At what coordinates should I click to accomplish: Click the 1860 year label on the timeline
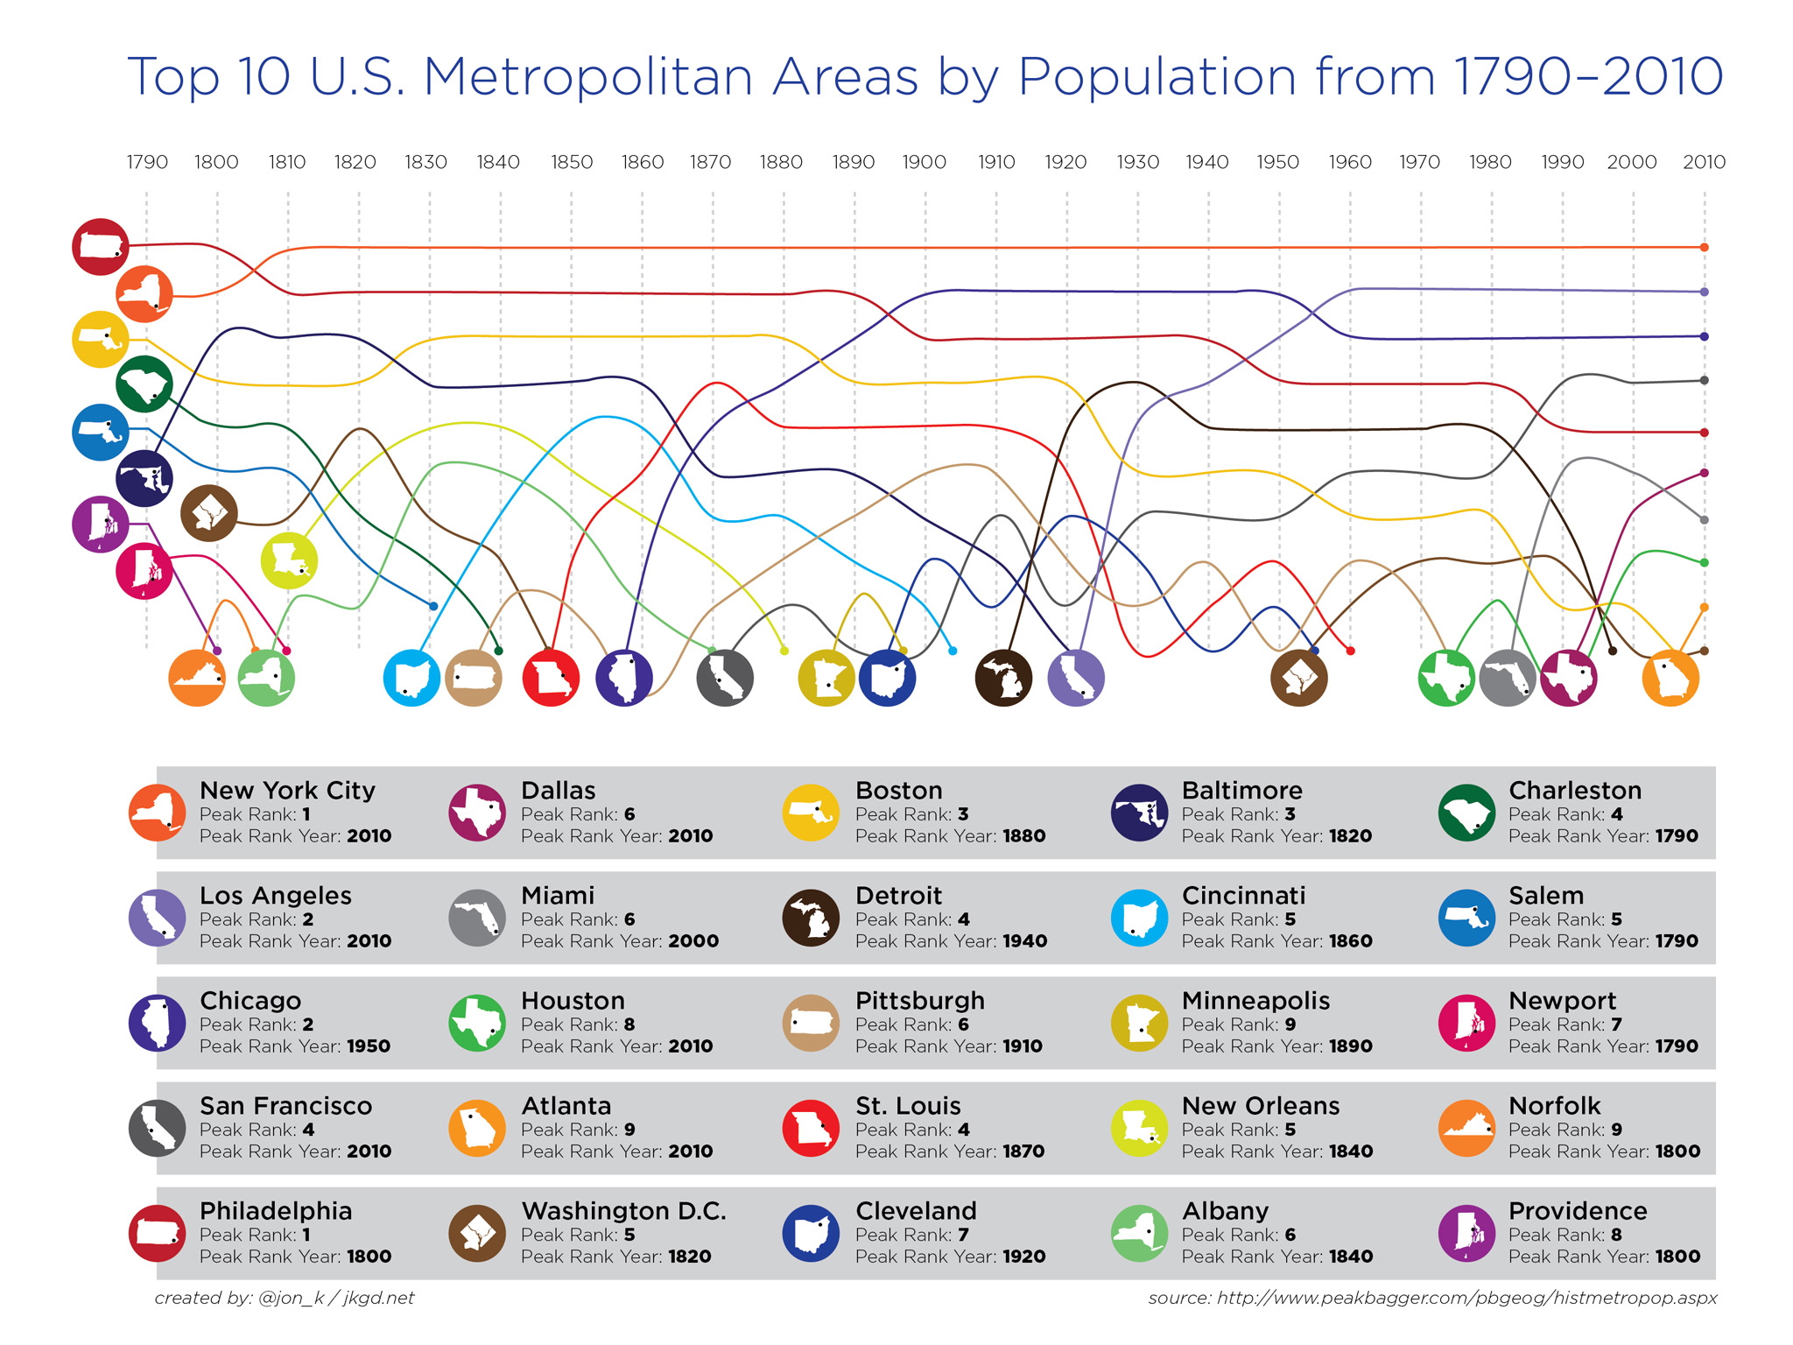[x=642, y=162]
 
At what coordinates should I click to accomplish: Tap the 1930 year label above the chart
[x=1137, y=162]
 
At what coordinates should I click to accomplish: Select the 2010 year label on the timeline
[x=1704, y=162]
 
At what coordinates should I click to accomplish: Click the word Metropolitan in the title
[x=588, y=77]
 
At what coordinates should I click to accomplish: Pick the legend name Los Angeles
[x=275, y=895]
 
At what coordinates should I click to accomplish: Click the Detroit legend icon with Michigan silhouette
[x=811, y=918]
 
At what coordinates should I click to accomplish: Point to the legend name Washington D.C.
[x=623, y=1210]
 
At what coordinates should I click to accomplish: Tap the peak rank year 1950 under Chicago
[x=368, y=1046]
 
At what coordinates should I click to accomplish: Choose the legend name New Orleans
[x=1260, y=1105]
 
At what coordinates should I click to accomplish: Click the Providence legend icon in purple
[x=1466, y=1233]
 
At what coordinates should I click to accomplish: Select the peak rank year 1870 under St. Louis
[x=1022, y=1151]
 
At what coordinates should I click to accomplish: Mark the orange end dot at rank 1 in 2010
[x=1704, y=248]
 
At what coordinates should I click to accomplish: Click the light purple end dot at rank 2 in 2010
[x=1704, y=292]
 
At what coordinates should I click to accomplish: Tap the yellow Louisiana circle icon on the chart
[x=289, y=560]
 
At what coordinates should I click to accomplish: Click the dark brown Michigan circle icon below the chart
[x=1003, y=678]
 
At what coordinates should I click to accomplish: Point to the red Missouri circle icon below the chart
[x=551, y=678]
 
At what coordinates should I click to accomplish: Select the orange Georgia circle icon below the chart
[x=1670, y=678]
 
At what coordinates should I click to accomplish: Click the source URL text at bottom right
[x=1432, y=1298]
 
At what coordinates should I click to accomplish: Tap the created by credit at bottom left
[x=284, y=1298]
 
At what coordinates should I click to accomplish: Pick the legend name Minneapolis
[x=1255, y=1000]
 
